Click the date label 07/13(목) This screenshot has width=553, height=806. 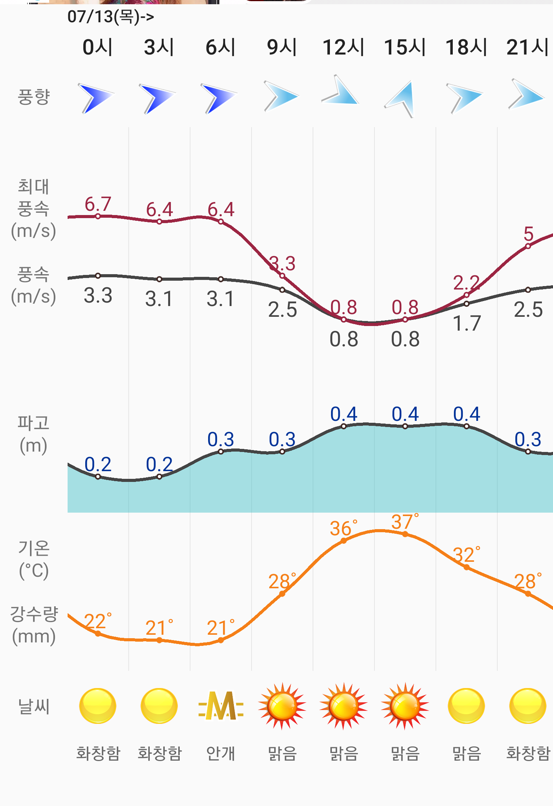111,17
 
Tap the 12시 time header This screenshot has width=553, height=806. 343,47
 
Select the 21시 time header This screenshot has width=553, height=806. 528,47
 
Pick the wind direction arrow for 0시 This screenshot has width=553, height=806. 96,98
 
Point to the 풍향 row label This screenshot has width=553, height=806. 34,97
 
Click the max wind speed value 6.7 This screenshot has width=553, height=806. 98,204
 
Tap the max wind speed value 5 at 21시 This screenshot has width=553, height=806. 528,233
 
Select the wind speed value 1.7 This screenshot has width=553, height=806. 467,323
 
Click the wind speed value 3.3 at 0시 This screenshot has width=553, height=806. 98,296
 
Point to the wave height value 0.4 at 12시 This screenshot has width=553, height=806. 344,414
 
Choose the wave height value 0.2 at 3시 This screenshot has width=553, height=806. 159,465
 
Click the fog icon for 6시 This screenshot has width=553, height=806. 221,706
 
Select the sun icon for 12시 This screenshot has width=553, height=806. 343,706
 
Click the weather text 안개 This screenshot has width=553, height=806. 220,753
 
